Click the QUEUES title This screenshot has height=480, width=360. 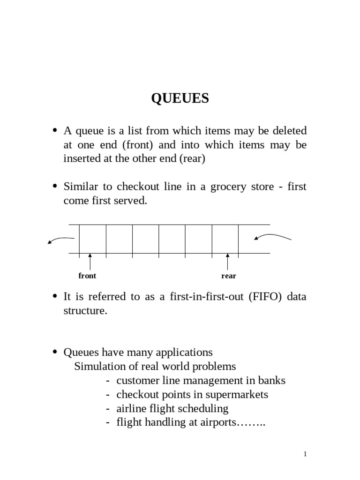180,99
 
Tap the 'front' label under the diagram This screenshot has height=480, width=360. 87,276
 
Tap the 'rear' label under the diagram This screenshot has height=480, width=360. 229,276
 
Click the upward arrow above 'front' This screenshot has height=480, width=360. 90,261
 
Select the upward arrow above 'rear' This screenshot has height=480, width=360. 228,261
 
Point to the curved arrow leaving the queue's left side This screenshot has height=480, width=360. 60,240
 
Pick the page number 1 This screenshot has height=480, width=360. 305,454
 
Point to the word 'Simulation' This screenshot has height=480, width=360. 98,366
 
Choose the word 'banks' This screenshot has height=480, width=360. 272,380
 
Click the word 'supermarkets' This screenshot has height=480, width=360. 239,394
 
